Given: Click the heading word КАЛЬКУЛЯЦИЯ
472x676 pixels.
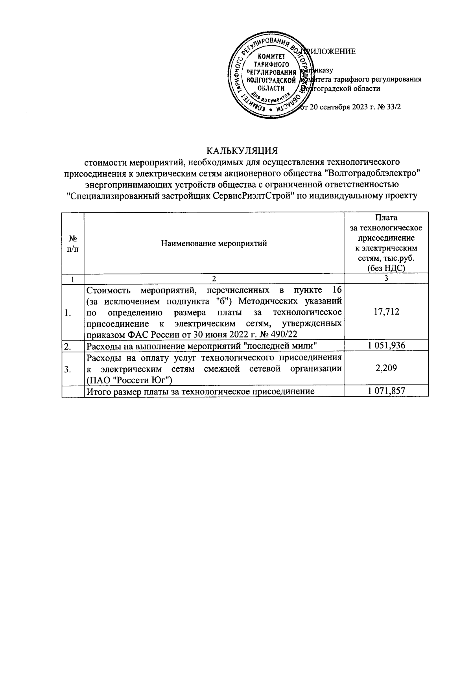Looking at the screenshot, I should click(x=243, y=151).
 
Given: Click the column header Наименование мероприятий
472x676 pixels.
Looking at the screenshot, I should click(x=214, y=243).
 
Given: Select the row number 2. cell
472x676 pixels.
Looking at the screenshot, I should click(x=68, y=346).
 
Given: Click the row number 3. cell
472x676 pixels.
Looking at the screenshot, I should click(x=68, y=369).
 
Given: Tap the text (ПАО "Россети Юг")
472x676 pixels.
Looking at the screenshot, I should click(x=130, y=380).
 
